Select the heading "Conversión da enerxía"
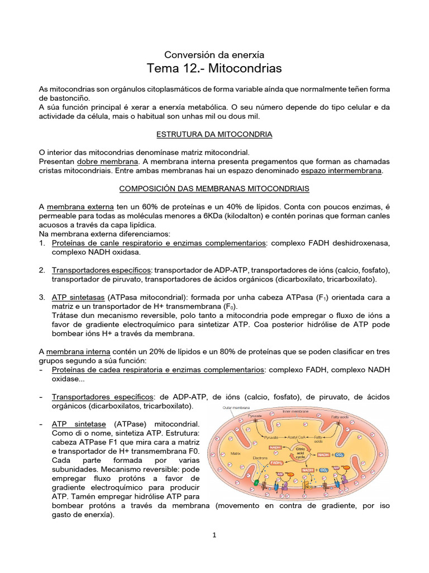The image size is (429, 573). click(214, 54)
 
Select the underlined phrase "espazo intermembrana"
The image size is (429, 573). click(342, 170)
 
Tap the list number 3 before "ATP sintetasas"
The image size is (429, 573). click(42, 297)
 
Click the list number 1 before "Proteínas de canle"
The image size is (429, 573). click(42, 243)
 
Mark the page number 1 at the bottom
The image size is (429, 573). click(214, 535)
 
